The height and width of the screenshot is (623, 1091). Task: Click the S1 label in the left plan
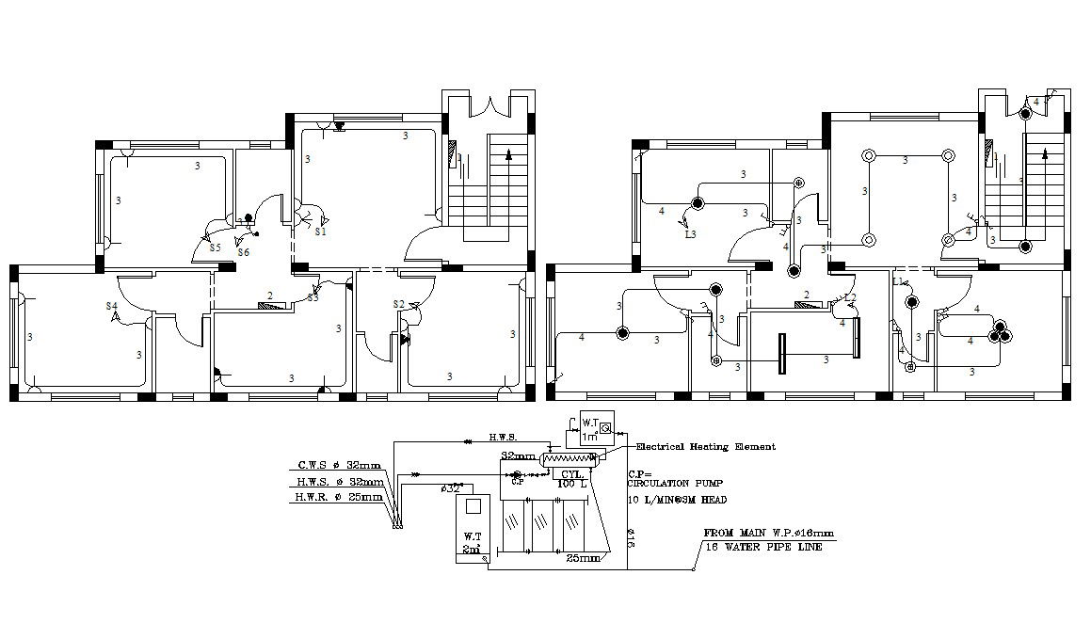320,231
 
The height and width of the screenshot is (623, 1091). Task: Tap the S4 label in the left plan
112,307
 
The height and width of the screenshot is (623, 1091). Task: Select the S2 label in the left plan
398,304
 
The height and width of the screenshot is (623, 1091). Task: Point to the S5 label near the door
215,248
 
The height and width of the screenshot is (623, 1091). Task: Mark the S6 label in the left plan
243,252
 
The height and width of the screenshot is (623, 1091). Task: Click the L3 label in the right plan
690,233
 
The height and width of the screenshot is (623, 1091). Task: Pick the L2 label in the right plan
850,298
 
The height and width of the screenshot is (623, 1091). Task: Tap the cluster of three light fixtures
999,334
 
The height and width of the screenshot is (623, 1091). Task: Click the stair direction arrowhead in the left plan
509,152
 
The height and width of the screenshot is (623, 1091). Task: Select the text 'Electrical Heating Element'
706,447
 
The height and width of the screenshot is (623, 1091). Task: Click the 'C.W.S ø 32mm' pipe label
339,465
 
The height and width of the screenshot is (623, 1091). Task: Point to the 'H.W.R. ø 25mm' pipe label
338,496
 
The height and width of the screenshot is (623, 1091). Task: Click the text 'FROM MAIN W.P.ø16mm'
768,533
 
